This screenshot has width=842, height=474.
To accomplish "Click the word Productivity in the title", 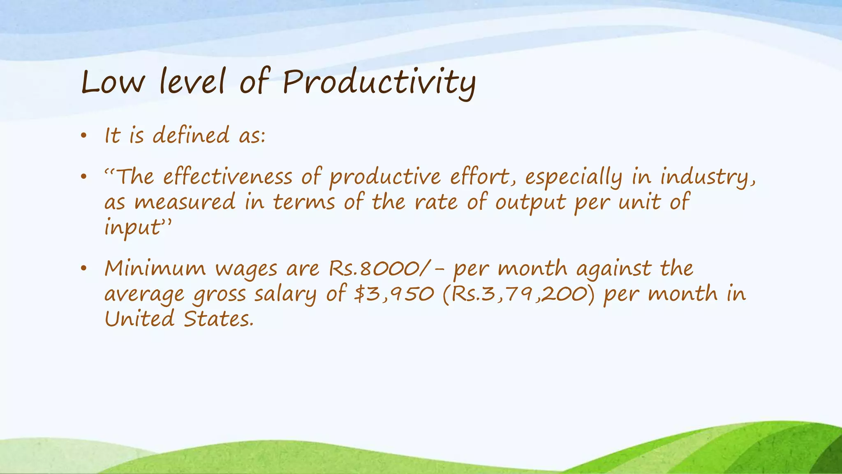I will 379,82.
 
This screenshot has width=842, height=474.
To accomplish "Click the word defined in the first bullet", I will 191,135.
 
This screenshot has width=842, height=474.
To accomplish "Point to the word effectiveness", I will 227,177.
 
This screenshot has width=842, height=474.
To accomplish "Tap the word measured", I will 185,203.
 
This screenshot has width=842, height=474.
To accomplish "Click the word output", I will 530,203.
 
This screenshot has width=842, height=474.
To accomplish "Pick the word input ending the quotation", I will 132,228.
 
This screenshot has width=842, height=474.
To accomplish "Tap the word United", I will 139,319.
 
